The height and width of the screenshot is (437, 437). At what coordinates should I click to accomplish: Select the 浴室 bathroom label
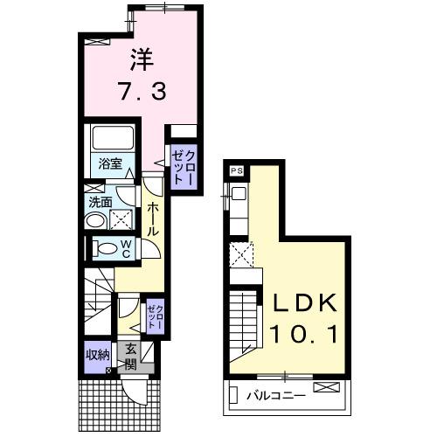pyautogui.click(x=109, y=162)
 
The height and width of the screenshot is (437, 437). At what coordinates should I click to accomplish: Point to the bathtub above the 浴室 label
pyautogui.click(x=110, y=138)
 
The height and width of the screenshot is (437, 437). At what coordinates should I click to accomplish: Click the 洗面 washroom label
pyautogui.click(x=99, y=201)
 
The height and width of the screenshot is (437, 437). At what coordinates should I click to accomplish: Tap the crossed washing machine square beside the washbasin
pyautogui.click(x=123, y=219)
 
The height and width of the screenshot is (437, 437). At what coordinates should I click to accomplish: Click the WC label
pyautogui.click(x=125, y=247)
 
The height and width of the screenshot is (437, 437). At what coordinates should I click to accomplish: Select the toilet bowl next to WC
pyautogui.click(x=103, y=248)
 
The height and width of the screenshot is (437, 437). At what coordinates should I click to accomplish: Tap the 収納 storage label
pyautogui.click(x=97, y=354)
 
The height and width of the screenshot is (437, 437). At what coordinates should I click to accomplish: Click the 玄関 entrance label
pyautogui.click(x=130, y=357)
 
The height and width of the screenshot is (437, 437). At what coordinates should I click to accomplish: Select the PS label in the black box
pyautogui.click(x=237, y=171)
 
